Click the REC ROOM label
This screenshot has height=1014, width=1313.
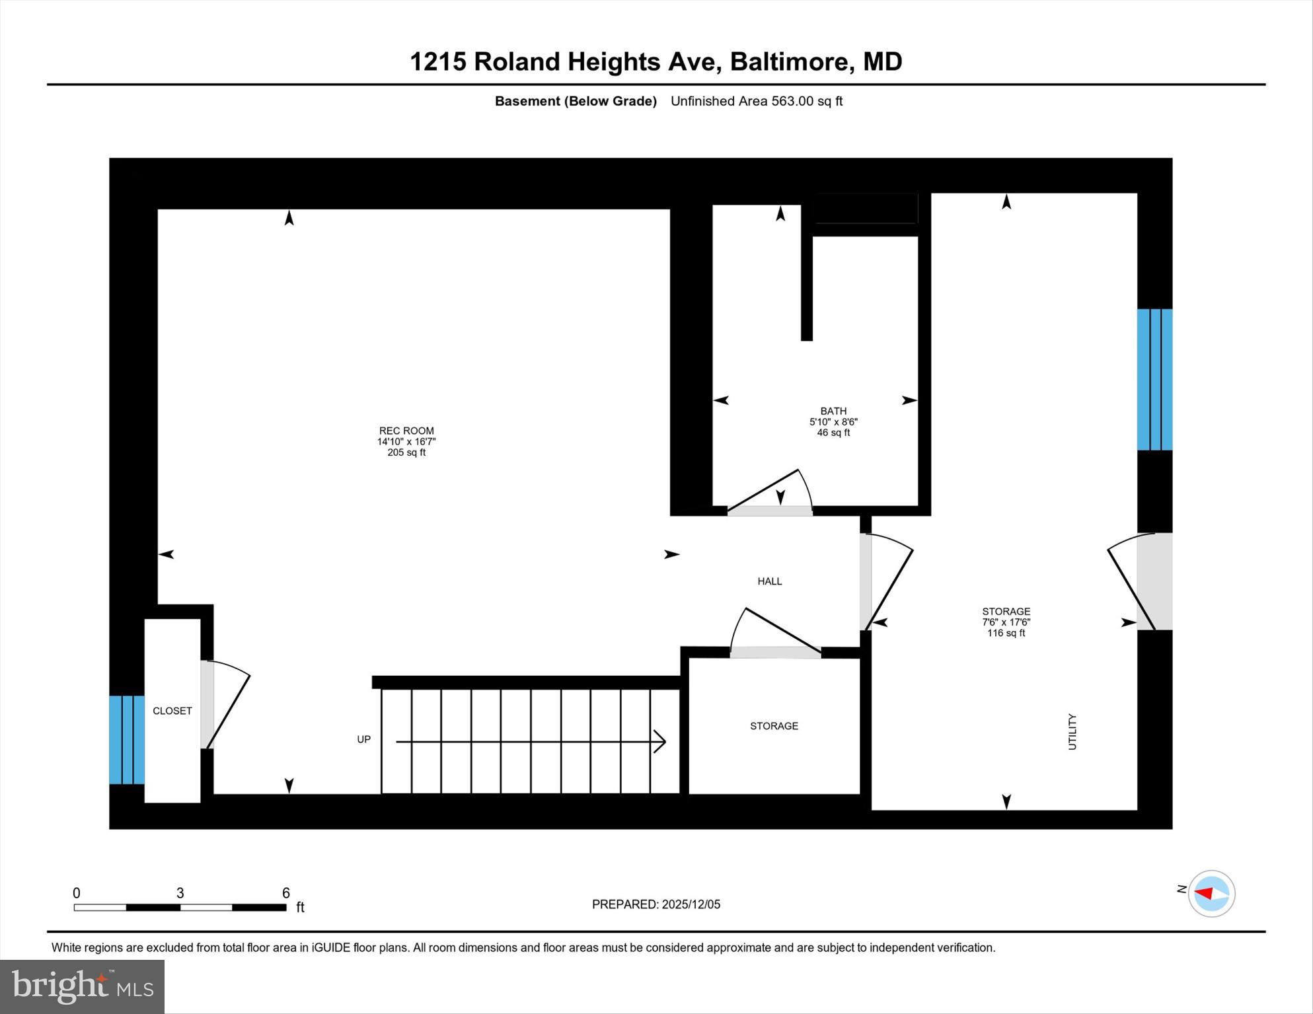point(406,431)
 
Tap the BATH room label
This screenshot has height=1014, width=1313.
point(833,411)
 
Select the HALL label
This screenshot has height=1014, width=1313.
point(769,581)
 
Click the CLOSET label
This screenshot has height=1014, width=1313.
point(172,711)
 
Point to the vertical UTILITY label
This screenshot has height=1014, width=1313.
point(1072,732)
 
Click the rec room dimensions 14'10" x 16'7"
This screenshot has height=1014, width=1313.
point(406,442)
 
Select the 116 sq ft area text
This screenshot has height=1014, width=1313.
point(1006,633)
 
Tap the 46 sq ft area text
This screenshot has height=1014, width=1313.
point(833,433)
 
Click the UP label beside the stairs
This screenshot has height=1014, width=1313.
point(363,739)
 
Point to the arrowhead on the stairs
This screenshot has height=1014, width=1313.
point(659,742)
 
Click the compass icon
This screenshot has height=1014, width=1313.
point(1211,894)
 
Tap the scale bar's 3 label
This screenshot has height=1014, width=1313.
point(180,893)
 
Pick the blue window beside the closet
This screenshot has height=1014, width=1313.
point(126,739)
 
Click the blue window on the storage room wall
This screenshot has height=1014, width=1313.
point(1154,379)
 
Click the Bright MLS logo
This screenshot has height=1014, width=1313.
point(82,986)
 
